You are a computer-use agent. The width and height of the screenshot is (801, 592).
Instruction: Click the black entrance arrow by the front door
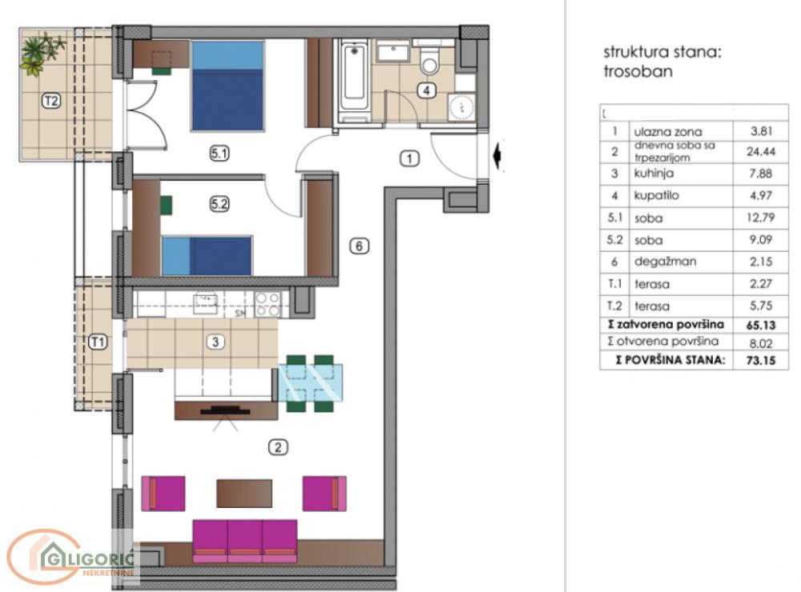click(x=499, y=156)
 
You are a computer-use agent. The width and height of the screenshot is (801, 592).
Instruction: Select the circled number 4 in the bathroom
click(x=428, y=90)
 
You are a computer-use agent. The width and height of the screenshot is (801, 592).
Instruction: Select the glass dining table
click(x=311, y=383)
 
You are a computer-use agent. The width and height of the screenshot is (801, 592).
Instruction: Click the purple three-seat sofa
click(x=245, y=539)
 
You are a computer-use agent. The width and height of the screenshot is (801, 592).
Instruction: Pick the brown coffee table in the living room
click(x=244, y=493)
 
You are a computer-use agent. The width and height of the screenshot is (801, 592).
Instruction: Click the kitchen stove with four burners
click(x=268, y=303)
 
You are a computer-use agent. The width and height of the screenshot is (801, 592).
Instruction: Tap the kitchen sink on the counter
click(x=206, y=302)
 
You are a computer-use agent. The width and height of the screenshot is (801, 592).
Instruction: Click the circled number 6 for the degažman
click(x=360, y=246)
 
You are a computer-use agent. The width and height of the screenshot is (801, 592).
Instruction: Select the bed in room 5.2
click(x=207, y=255)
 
